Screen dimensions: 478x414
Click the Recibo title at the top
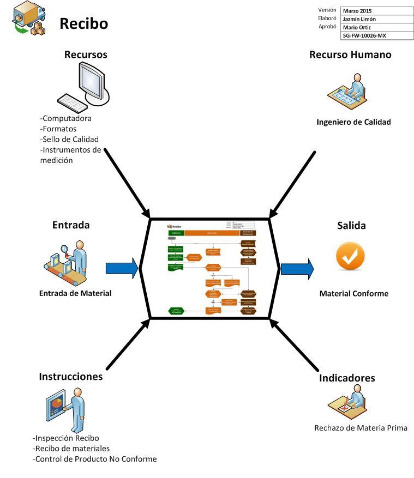click(x=83, y=24)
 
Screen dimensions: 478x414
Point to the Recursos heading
click(x=85, y=55)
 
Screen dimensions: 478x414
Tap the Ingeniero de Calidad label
click(x=353, y=122)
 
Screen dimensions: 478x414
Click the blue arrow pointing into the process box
click(x=122, y=268)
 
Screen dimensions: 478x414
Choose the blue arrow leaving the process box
click(x=297, y=268)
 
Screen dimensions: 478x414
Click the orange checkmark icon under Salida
click(x=350, y=257)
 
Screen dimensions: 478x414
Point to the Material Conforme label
click(x=353, y=293)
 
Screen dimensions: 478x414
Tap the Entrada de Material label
click(x=75, y=293)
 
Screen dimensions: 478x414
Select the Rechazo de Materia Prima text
click(x=361, y=427)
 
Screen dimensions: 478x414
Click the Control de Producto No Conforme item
click(x=95, y=459)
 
